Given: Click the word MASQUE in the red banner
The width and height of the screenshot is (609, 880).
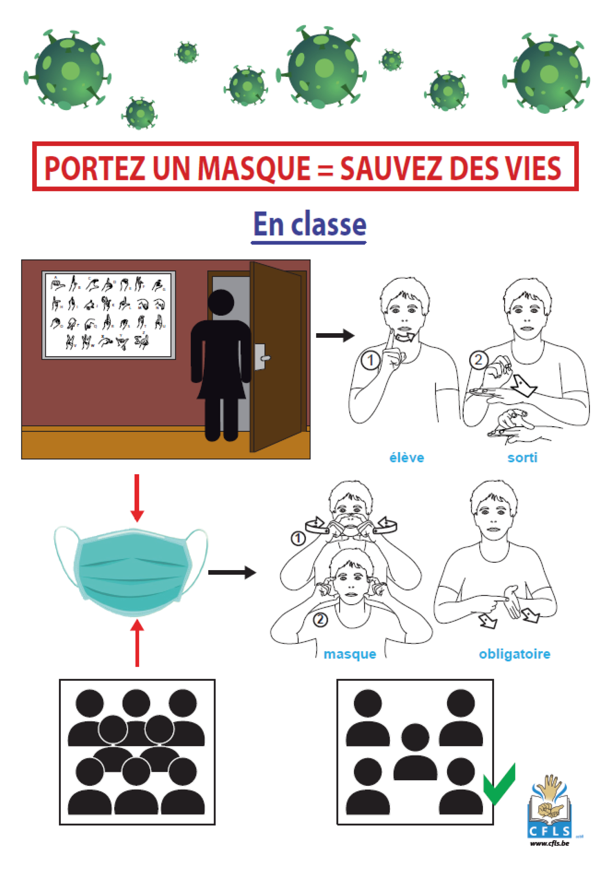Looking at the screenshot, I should pyautogui.click(x=254, y=168).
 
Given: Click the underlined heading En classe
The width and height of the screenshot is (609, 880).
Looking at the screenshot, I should pyautogui.click(x=309, y=225).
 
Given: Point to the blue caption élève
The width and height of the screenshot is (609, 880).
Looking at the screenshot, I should pyautogui.click(x=407, y=457).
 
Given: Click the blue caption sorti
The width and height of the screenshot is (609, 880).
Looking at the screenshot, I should pyautogui.click(x=522, y=457).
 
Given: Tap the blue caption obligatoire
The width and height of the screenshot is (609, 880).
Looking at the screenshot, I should pyautogui.click(x=514, y=654).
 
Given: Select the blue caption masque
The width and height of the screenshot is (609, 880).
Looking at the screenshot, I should pyautogui.click(x=350, y=654).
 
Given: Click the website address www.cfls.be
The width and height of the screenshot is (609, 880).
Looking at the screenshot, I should pyautogui.click(x=549, y=843).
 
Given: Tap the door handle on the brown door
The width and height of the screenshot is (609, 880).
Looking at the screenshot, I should pyautogui.click(x=264, y=358).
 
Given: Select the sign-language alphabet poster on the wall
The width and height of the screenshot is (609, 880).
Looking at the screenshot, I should pyautogui.click(x=109, y=315).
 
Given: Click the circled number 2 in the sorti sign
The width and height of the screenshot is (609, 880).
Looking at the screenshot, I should pyautogui.click(x=478, y=360).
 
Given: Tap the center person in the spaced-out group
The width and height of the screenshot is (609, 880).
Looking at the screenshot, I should pyautogui.click(x=415, y=752).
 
